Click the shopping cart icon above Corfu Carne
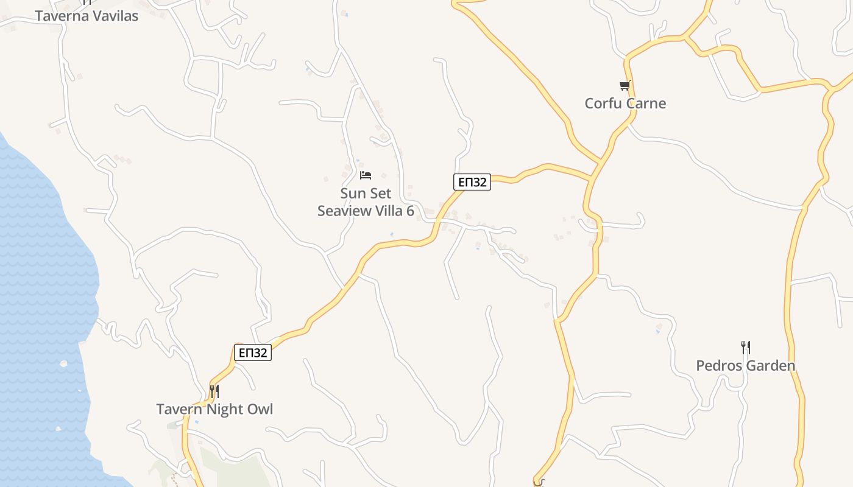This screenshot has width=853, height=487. pyautogui.click(x=625, y=86)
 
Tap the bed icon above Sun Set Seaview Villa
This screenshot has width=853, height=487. pyautogui.click(x=366, y=175)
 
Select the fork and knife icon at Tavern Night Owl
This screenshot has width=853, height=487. pyautogui.click(x=214, y=391)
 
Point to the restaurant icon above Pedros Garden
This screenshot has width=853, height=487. pyautogui.click(x=746, y=348)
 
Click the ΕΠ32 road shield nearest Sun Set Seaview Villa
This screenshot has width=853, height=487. pyautogui.click(x=472, y=182)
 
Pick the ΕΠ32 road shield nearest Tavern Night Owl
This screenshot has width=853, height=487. pyautogui.click(x=253, y=352)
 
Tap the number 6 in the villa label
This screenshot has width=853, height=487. pyautogui.click(x=410, y=211)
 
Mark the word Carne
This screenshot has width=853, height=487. pyautogui.click(x=646, y=103)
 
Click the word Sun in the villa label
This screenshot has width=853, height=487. pyautogui.click(x=353, y=194)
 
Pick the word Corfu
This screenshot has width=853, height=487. pyautogui.click(x=603, y=103)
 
